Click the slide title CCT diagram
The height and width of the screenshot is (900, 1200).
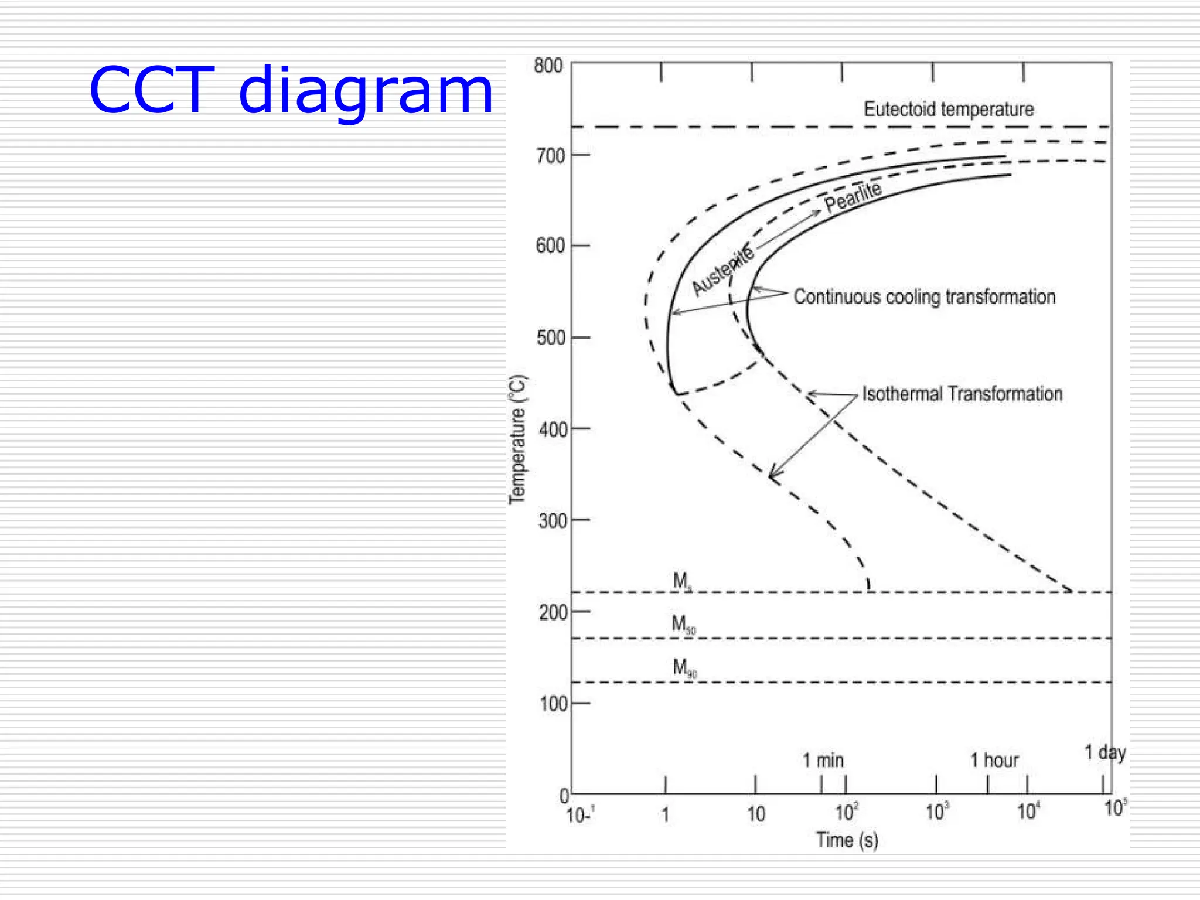pos(291,91)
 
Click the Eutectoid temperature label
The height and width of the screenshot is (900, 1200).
pos(948,109)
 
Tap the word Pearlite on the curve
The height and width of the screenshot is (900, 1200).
pos(853,197)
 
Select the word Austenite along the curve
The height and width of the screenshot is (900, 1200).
pos(722,270)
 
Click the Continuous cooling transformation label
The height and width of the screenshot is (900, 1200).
pos(924,296)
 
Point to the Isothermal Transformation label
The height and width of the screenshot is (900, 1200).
pos(962,394)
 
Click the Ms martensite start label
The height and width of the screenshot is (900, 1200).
pos(682,581)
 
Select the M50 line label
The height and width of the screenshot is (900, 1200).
pos(683,625)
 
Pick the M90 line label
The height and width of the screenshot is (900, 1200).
pos(684,668)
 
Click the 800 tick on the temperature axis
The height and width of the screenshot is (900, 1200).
pos(548,66)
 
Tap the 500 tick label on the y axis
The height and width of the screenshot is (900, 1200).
pos(551,338)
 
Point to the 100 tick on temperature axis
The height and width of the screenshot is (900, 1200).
pos(553,704)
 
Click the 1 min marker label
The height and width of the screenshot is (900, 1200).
pos(823,761)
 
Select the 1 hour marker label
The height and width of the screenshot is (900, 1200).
pos(994,761)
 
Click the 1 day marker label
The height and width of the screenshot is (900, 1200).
pos(1104,752)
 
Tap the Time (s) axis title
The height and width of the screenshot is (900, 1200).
pos(847,840)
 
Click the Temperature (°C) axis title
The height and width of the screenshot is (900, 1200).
pos(517,439)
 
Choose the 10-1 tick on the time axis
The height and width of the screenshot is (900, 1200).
pos(580,814)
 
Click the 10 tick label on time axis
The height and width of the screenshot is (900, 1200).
pos(756,814)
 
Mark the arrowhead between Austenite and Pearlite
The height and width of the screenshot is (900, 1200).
pos(816,213)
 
